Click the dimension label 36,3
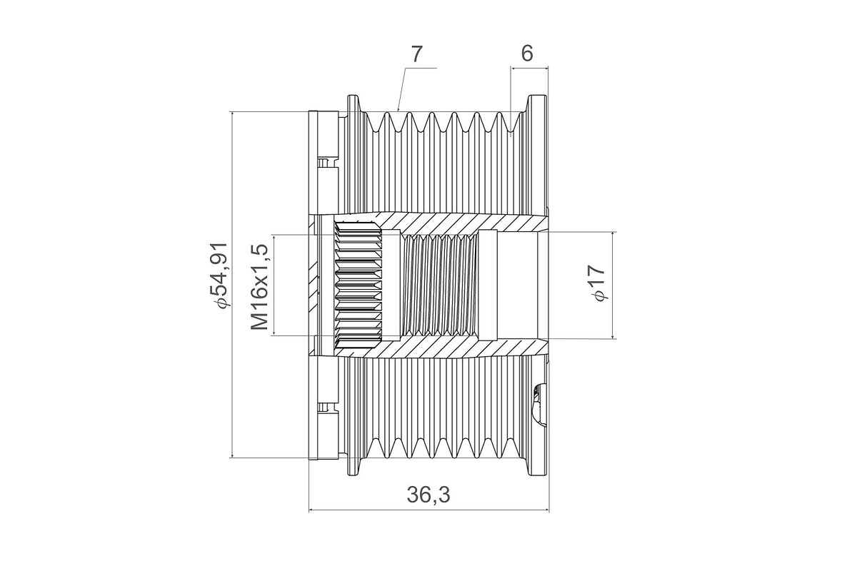pyautogui.click(x=428, y=495)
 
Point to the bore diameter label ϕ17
pyautogui.click(x=597, y=283)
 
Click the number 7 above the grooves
pyautogui.click(x=416, y=54)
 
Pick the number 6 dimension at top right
pyautogui.click(x=527, y=54)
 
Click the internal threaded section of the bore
pyautogui.click(x=441, y=285)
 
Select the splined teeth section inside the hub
pyautogui.click(x=359, y=285)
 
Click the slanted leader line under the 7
pyautogui.click(x=401, y=89)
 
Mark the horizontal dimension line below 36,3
pyautogui.click(x=429, y=510)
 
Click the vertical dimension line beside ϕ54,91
pyautogui.click(x=232, y=285)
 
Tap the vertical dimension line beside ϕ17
pyautogui.click(x=613, y=285)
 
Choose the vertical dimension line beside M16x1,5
pyautogui.click(x=274, y=285)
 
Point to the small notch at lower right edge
pyautogui.click(x=539, y=404)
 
